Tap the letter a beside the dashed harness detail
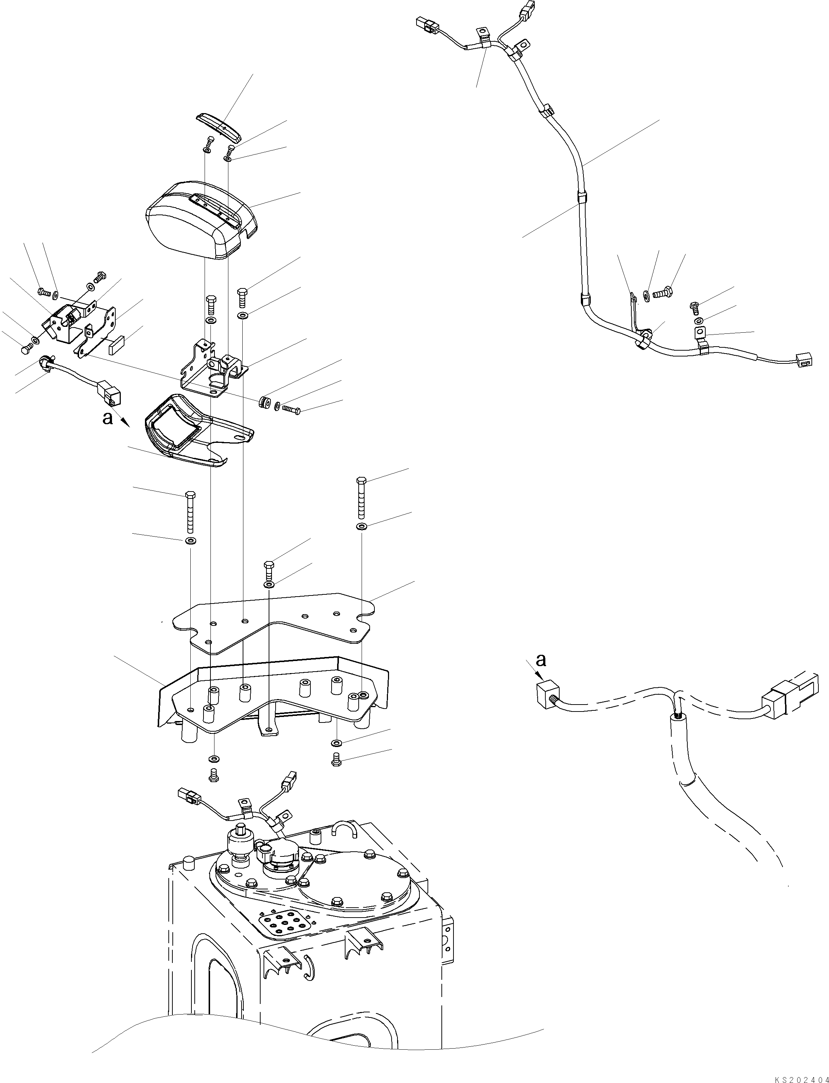[541, 659]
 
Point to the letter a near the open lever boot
[108, 418]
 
